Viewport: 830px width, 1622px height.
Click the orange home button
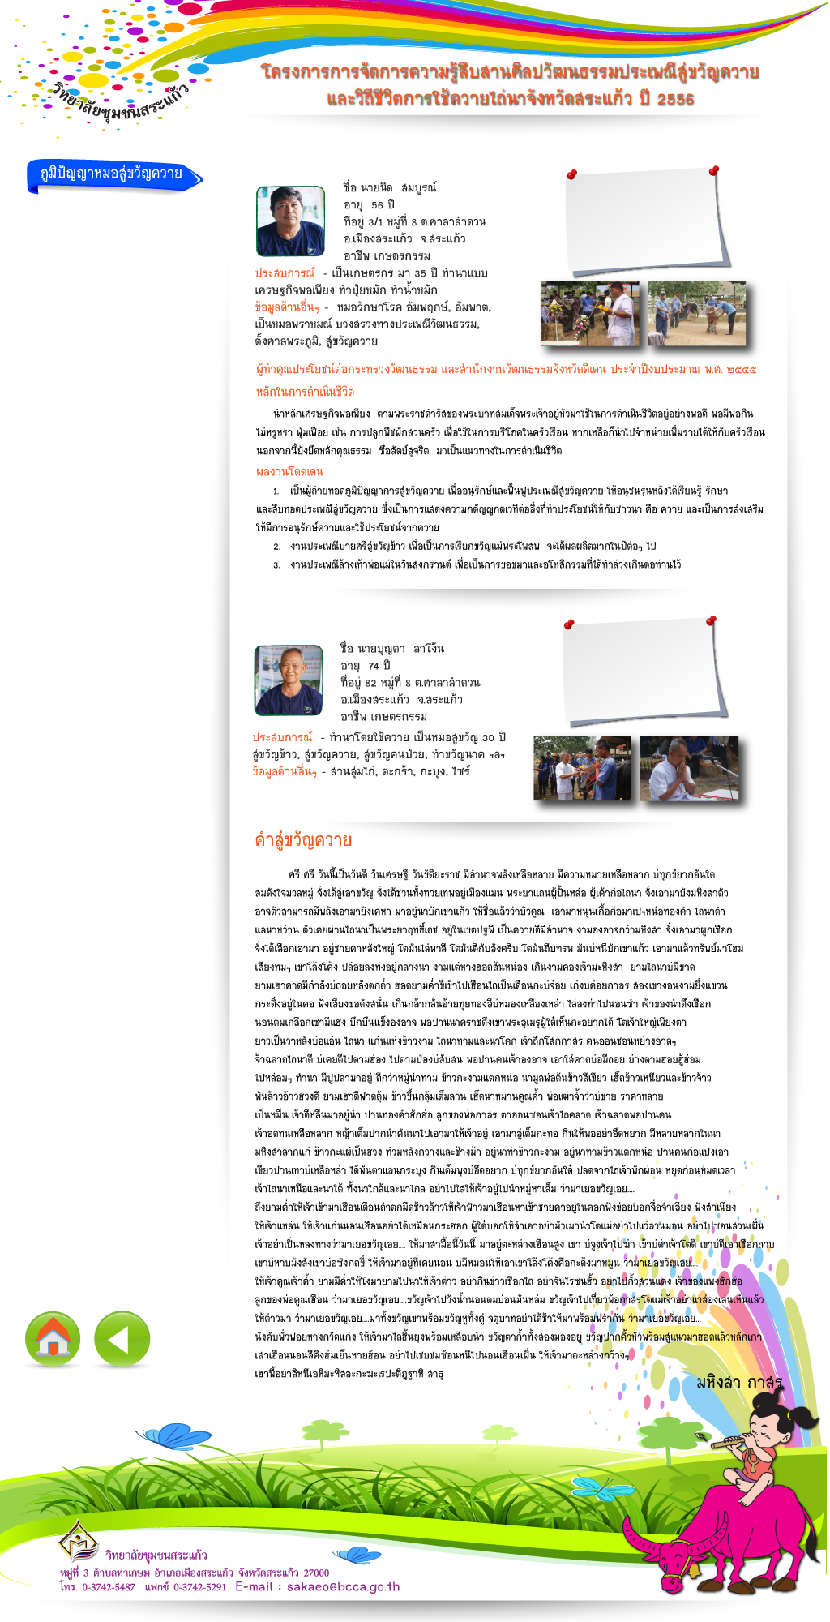point(53,1339)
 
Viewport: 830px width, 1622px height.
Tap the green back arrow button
point(122,1339)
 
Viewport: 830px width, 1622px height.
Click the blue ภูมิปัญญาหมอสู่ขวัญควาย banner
point(113,174)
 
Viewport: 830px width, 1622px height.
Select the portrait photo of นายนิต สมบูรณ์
point(290,221)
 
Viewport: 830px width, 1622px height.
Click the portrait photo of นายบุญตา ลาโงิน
point(288,680)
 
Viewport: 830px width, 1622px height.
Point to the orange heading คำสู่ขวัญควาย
point(303,840)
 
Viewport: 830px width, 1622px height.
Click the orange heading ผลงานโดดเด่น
point(289,471)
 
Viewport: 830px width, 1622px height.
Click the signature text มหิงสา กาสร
point(738,1382)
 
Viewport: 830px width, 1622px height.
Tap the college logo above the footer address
point(79,1540)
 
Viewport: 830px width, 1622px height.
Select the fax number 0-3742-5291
point(199,1587)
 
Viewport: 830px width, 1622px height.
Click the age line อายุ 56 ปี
point(369,205)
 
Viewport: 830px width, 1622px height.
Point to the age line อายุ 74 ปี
point(366,666)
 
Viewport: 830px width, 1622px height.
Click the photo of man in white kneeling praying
point(689,767)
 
